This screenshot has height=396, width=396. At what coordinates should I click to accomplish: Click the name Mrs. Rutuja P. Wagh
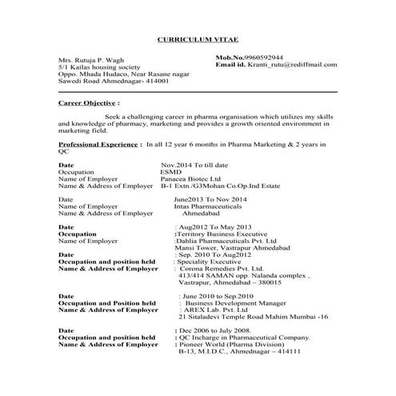pyautogui.click(x=91, y=61)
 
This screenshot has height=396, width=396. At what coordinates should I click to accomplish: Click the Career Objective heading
pyautogui.click(x=89, y=103)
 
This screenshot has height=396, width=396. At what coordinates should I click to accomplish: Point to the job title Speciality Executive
pyautogui.click(x=213, y=262)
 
